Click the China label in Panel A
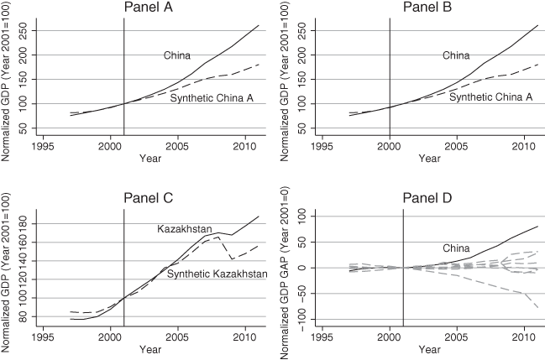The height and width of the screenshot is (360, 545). click(176, 55)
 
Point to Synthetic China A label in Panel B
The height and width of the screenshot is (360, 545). click(491, 97)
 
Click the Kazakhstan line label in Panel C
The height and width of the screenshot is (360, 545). click(185, 228)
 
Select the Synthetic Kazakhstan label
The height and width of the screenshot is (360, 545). click(217, 274)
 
